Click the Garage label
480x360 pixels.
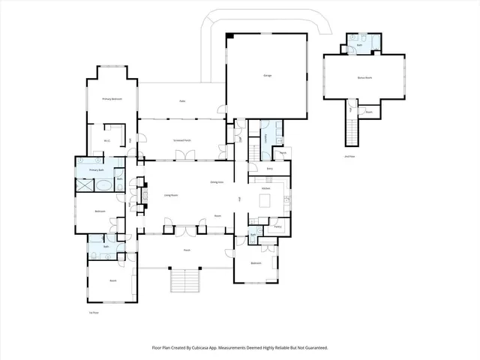pos(267,76)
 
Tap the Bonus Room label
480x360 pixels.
pos(364,77)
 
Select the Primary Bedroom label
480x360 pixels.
pos(112,99)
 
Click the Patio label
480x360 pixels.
pos(182,101)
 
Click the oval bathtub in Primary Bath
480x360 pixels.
pos(105,182)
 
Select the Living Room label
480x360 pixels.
pos(171,194)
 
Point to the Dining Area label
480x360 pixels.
pos(218,182)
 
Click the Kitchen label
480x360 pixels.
pos(265,187)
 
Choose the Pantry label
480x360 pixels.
pos(277,226)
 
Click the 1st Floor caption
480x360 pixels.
pos(94,312)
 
